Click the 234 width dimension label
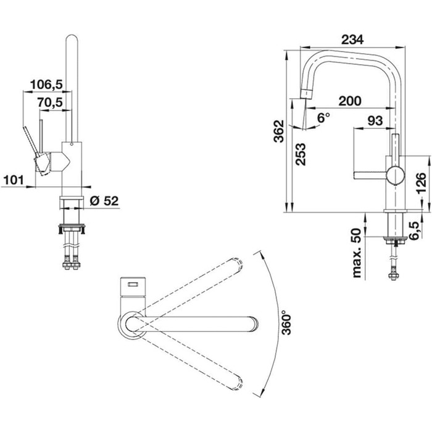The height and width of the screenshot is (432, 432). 352,39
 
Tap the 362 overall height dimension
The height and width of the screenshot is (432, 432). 278,131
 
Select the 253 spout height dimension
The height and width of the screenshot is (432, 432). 301,154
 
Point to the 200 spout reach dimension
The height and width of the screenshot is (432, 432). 350,101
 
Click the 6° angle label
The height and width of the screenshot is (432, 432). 323,118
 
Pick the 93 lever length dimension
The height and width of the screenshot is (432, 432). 375,121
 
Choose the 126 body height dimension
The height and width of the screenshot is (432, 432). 422,183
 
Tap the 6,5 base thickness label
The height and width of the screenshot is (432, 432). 414,231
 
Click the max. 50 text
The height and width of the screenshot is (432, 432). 357,253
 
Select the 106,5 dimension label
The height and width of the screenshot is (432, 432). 46,85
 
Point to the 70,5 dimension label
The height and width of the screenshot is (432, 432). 50,102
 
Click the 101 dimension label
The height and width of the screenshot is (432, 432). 14,180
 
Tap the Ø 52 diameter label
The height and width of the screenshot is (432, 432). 104,201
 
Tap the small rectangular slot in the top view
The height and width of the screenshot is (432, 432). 133,284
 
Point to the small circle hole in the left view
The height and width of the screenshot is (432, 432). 72,144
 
